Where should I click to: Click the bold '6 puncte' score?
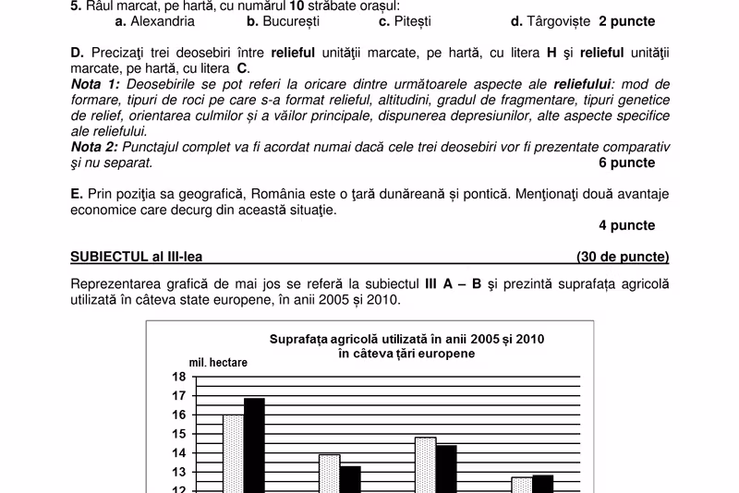[627, 162]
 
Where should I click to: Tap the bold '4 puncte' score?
[627, 225]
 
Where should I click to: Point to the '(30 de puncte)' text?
[623, 257]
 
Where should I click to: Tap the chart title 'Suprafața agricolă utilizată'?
[406, 339]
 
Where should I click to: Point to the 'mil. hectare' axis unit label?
[218, 363]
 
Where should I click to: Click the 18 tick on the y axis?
[178, 377]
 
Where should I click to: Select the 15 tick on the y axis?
[178, 434]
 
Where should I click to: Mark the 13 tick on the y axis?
[178, 473]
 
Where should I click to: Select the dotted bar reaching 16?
[233, 453]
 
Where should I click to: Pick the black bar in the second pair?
[350, 479]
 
